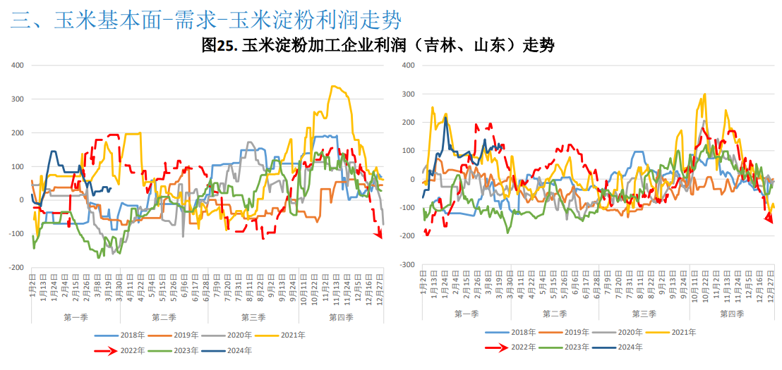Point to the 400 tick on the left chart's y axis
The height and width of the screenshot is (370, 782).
click(18, 66)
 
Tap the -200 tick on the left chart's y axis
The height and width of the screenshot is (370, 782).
click(16, 268)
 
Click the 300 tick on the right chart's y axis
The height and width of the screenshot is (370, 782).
click(408, 94)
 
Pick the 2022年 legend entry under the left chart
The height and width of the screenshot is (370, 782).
click(132, 350)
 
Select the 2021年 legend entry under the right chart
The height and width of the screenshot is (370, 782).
click(682, 332)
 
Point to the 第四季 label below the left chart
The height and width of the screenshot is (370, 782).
click(341, 317)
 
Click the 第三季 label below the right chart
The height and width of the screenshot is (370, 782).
click(644, 314)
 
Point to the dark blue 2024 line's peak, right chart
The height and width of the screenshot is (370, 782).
click(445, 118)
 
